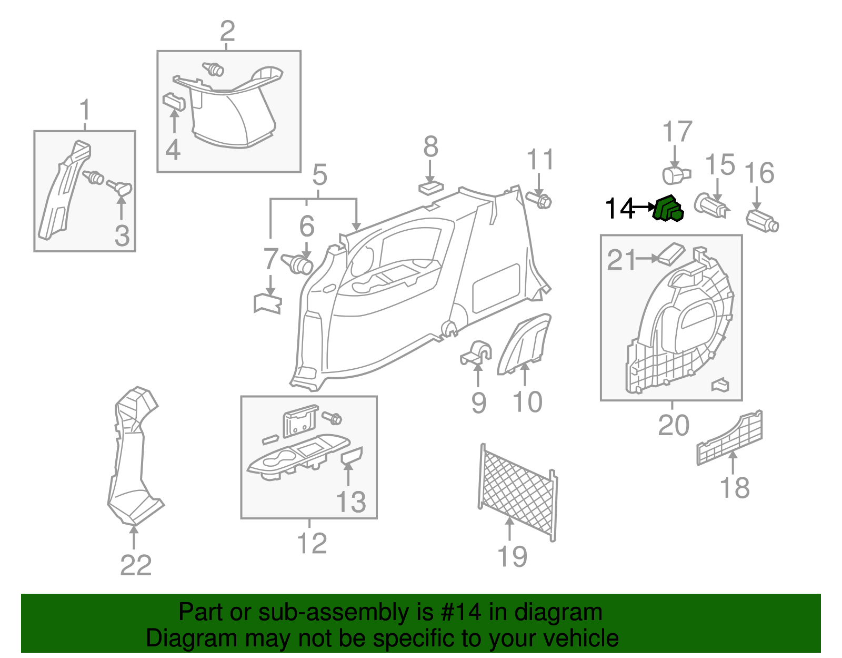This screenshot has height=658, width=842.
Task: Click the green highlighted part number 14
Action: (668, 209)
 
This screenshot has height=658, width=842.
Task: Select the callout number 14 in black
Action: (619, 209)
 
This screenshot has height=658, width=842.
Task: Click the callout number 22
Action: (136, 566)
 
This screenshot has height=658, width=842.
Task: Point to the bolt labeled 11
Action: (539, 200)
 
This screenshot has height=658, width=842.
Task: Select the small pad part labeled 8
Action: (430, 188)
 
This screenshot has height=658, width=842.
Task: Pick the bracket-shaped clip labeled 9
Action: (476, 353)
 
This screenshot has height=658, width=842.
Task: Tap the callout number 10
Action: (527, 402)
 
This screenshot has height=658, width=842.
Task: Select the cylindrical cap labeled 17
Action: (675, 173)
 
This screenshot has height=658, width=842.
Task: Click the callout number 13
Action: (350, 502)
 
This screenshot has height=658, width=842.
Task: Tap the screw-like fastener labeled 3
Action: (120, 188)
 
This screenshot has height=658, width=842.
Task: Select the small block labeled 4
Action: (174, 101)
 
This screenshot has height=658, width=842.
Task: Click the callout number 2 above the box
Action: (227, 32)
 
